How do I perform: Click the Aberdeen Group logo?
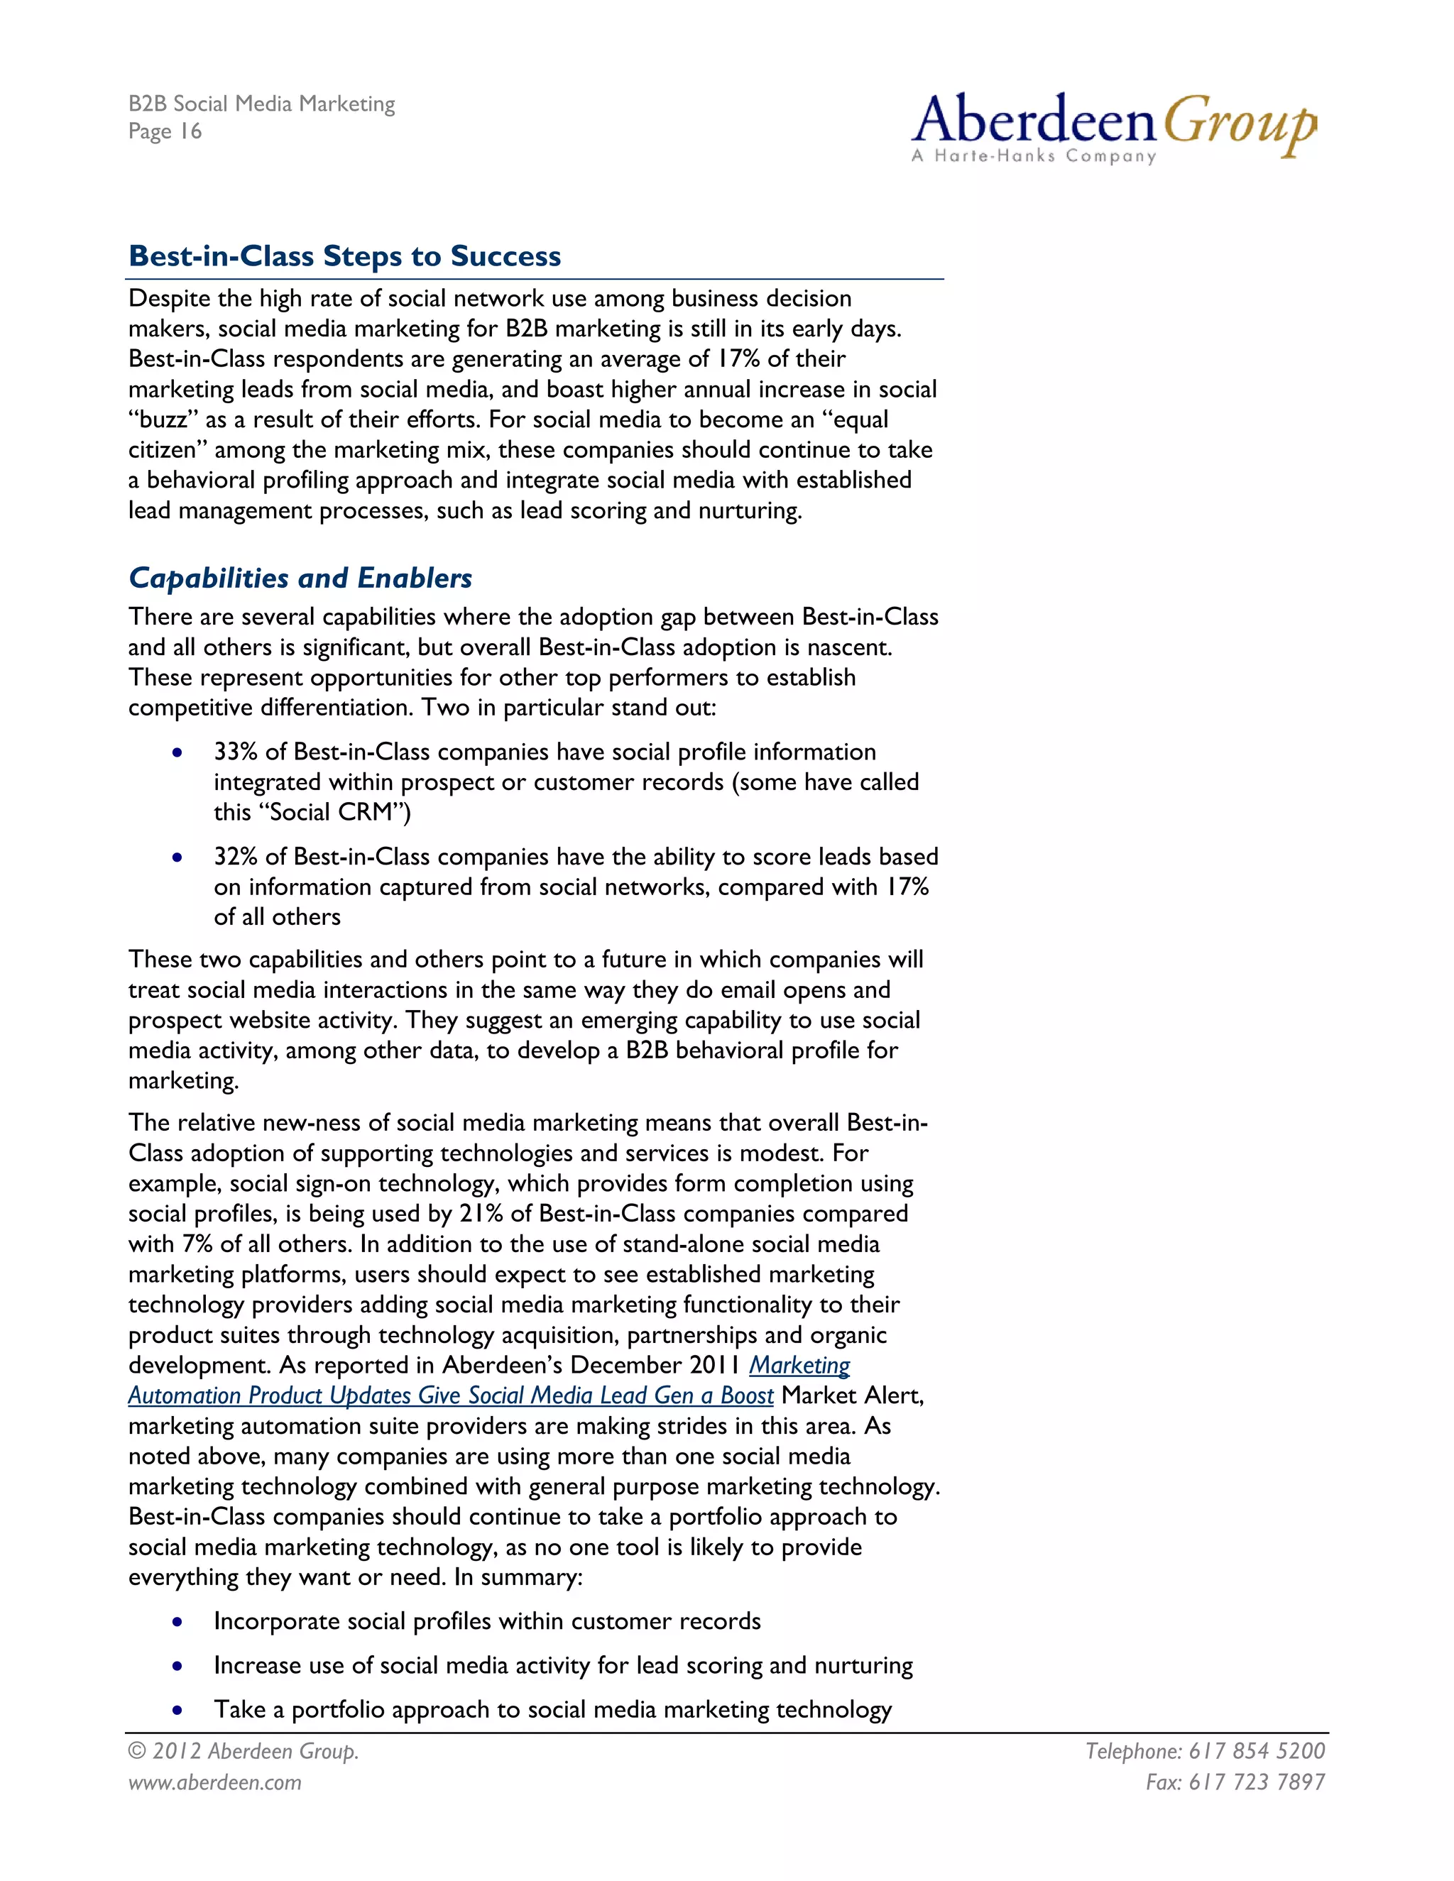tap(1113, 125)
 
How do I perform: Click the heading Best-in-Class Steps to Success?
tap(344, 256)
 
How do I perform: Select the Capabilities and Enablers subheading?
tap(300, 578)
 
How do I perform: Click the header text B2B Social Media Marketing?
tap(262, 104)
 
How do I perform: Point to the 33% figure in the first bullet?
tap(235, 752)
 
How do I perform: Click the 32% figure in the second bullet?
tap(235, 857)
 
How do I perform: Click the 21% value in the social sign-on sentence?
tap(481, 1214)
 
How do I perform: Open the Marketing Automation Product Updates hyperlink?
tap(451, 1395)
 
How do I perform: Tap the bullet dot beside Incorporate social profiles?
tap(177, 1622)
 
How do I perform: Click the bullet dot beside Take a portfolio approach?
tap(177, 1710)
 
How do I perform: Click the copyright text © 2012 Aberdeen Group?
tap(244, 1751)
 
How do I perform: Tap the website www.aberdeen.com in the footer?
tap(215, 1782)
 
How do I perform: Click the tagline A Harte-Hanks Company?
tap(1034, 156)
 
